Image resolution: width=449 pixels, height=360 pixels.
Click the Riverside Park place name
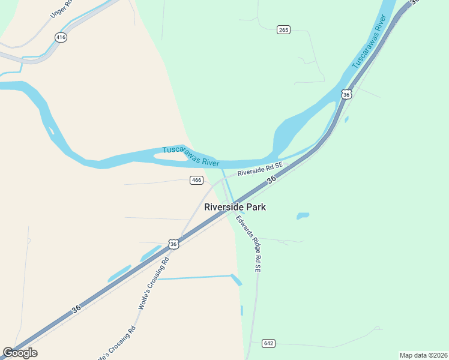point(235,207)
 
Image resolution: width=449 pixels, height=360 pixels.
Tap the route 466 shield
point(196,180)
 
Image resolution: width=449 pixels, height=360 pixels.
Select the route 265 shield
point(284,29)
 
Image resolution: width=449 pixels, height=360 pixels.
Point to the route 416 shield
point(61,37)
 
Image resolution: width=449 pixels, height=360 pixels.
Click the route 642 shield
point(268,343)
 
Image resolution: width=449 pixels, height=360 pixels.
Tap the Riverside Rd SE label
point(259,170)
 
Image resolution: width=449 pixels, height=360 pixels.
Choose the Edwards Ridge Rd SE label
point(248,244)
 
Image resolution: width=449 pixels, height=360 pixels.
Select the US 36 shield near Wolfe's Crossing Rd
point(173,244)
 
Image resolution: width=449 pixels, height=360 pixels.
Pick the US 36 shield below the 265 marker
point(346,94)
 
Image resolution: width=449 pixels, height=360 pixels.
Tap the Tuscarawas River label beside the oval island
point(190,156)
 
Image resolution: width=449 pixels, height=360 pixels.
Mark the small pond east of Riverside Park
point(303,215)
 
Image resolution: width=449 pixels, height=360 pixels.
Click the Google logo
point(20,353)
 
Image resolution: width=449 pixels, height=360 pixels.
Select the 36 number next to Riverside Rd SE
point(271,179)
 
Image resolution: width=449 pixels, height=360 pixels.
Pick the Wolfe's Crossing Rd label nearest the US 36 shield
point(154,281)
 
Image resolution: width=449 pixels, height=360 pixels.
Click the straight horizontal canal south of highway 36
point(193,277)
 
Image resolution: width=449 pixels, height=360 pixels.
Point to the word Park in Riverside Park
point(255,207)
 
